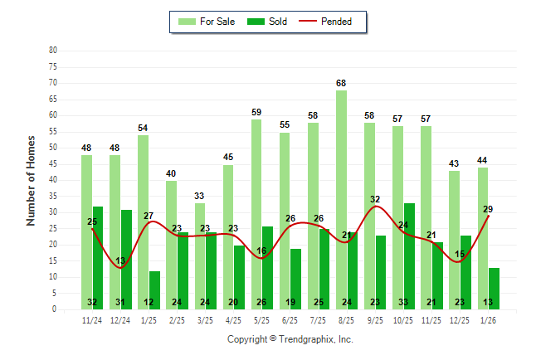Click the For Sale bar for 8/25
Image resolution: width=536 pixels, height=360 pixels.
(341, 199)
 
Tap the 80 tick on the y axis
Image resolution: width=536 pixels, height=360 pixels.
(53, 51)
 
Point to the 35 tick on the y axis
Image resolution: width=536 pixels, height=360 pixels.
(53, 196)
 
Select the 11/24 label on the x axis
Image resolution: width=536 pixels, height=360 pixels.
(92, 319)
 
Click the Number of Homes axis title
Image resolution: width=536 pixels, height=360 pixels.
(32, 179)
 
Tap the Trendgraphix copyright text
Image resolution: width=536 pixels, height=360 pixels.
(290, 339)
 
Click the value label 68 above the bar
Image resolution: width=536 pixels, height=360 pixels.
(341, 83)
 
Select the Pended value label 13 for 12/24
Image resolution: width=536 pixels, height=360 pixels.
(120, 261)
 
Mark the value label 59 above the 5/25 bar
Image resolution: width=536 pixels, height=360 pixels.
(256, 112)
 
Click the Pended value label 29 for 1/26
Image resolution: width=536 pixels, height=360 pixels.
(488, 209)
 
